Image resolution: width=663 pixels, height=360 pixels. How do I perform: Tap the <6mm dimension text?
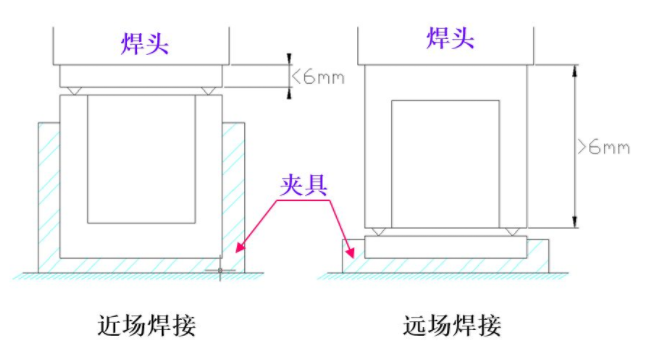coord(317,75)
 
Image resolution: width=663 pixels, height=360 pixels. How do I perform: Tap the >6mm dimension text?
coord(605,146)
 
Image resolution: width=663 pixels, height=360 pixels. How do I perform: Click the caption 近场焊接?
coord(146,325)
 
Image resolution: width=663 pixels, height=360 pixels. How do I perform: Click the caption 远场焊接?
coord(450,325)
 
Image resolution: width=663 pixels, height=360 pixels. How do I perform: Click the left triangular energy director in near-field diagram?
coord(77,91)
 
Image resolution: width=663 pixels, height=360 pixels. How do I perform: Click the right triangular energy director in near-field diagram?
coord(206,91)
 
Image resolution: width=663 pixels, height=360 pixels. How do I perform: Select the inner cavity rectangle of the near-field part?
coord(141,158)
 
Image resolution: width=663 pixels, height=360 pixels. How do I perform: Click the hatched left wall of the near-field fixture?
coord(49,195)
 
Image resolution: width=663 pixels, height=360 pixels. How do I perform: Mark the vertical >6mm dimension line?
coord(574,146)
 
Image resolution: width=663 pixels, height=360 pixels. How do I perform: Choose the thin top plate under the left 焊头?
coord(142,76)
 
